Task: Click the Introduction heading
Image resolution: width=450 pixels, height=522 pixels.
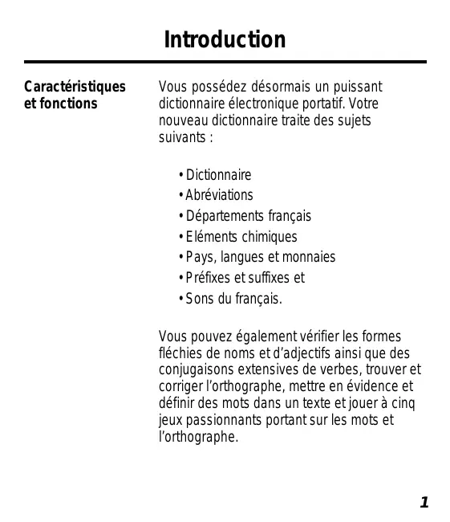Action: (x=225, y=39)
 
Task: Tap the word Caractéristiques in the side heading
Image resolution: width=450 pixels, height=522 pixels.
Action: (x=75, y=86)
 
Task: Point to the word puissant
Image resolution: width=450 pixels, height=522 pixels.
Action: (x=355, y=87)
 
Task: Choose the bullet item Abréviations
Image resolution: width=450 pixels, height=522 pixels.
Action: (x=219, y=195)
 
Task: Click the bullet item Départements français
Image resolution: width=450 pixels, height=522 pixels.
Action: (x=249, y=216)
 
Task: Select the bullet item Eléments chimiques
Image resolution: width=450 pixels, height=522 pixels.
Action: (x=241, y=237)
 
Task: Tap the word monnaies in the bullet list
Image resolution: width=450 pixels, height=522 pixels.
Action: (x=309, y=258)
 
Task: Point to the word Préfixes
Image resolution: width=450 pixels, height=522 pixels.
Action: (x=209, y=279)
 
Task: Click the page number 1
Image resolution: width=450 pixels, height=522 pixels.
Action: (x=424, y=503)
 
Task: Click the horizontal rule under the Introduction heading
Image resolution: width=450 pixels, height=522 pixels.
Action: (x=225, y=62)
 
